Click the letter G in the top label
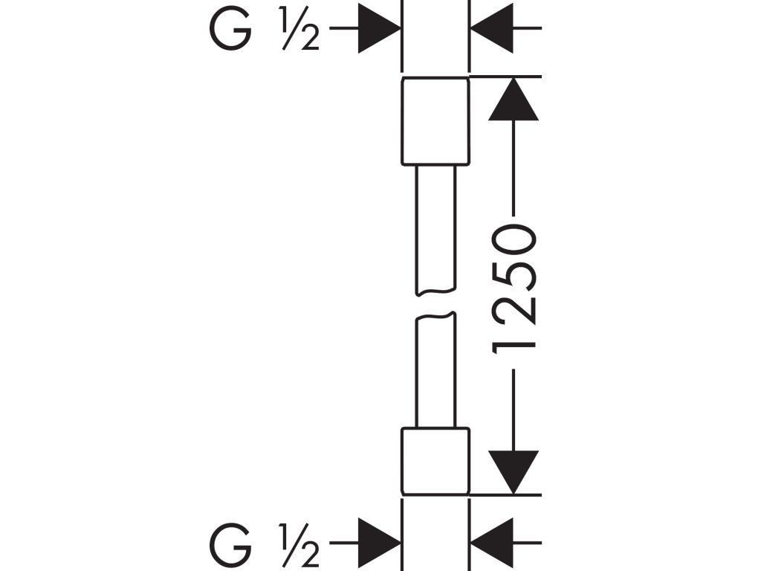231,29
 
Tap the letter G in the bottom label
231,543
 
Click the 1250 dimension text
514,289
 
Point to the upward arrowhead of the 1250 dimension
514,99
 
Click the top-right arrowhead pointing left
492,28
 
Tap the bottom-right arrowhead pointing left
492,543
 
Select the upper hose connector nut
435,121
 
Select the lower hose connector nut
435,461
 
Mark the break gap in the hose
435,305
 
